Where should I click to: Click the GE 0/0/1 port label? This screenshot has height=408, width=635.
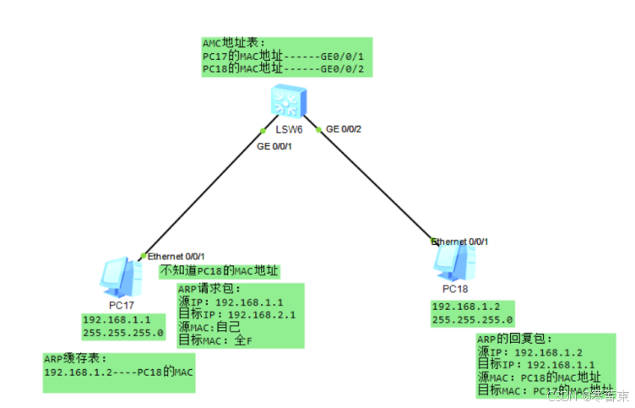(x=274, y=147)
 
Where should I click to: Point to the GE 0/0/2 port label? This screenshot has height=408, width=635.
(x=344, y=129)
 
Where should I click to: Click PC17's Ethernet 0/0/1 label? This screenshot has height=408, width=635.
(x=176, y=256)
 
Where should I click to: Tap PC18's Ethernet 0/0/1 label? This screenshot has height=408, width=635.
(x=459, y=242)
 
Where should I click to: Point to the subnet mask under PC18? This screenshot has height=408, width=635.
(x=472, y=320)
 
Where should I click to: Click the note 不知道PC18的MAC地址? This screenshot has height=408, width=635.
(x=220, y=271)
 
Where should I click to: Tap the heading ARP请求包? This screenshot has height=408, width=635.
(x=198, y=289)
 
